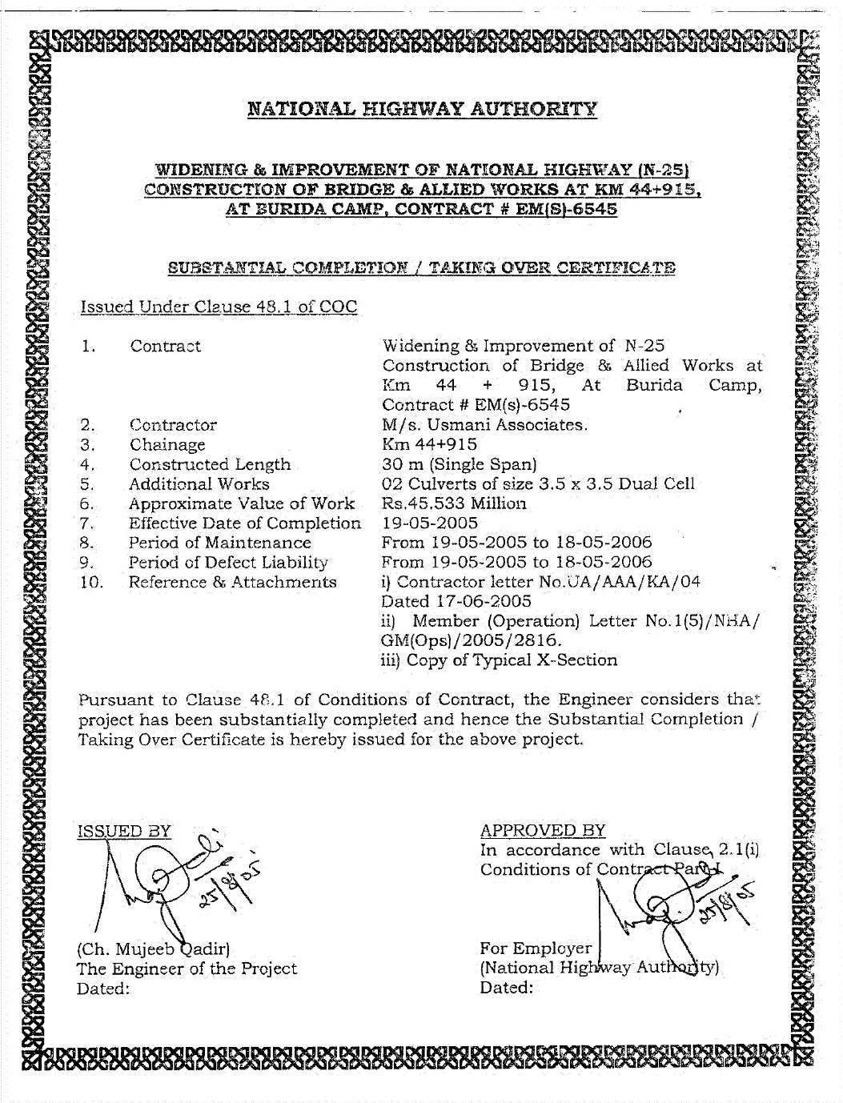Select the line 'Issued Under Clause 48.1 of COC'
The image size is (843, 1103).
(218, 307)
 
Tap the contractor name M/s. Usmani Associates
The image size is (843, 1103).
(486, 425)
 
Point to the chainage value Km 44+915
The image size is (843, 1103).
(430, 444)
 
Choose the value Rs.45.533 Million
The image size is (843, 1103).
(455, 503)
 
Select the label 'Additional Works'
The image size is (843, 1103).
(199, 484)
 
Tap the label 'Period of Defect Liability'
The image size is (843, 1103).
(229, 563)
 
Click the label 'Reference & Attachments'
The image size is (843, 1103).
(233, 582)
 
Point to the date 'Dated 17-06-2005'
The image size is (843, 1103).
(447, 601)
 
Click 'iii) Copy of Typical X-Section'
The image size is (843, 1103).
(500, 660)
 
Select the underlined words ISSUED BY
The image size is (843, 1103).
(124, 830)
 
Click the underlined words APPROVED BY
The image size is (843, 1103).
(543, 830)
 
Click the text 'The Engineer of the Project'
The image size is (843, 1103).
(187, 969)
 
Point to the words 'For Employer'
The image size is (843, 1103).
(535, 949)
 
